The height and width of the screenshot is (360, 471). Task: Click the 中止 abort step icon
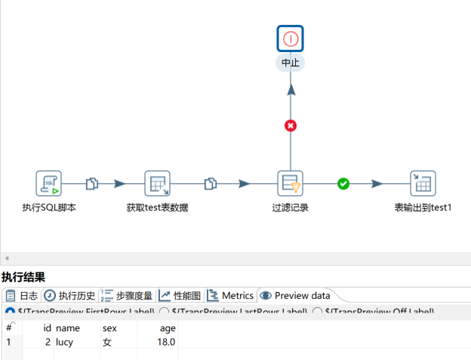tap(291, 38)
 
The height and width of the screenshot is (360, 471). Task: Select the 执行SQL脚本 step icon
tap(49, 183)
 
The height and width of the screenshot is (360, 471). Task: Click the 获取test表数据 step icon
tap(157, 183)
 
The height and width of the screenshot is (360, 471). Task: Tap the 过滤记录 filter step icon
tap(291, 183)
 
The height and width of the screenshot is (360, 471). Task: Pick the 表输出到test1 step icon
tap(423, 183)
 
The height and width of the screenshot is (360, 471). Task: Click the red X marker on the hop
tap(291, 125)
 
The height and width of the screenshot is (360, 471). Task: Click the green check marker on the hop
tap(343, 183)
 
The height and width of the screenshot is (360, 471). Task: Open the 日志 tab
tap(22, 296)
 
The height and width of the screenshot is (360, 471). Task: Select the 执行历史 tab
tap(71, 296)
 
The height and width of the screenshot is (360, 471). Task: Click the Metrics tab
tap(230, 296)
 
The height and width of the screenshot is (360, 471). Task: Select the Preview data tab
tap(295, 296)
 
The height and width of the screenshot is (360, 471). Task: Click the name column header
tap(67, 328)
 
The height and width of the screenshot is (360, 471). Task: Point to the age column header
tap(167, 328)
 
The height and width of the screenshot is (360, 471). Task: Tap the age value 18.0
tap(165, 342)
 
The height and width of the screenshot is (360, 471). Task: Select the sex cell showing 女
tap(106, 342)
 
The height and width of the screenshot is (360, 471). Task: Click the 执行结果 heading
tap(23, 277)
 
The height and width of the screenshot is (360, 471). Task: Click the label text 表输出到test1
tap(423, 208)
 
